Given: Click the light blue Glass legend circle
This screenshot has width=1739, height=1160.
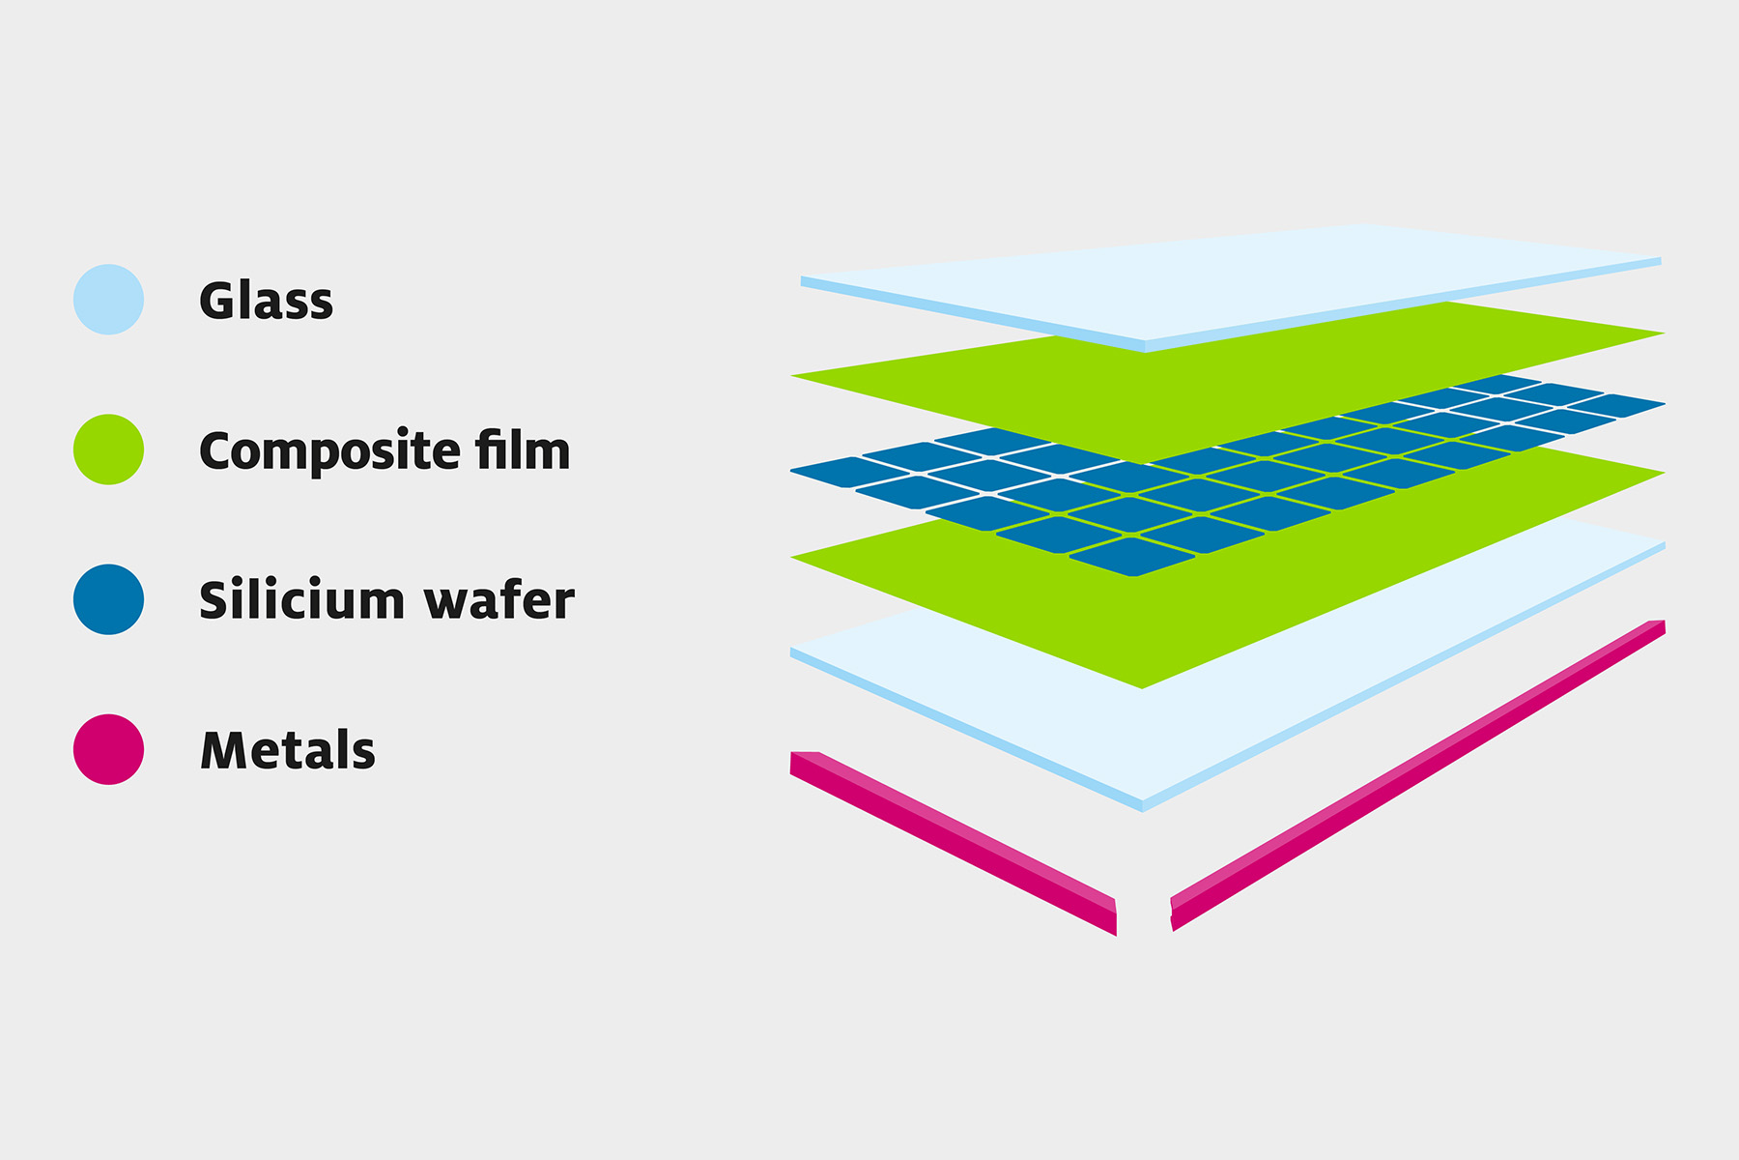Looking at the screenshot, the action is point(108,300).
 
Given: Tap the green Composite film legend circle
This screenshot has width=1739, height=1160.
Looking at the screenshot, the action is point(108,449).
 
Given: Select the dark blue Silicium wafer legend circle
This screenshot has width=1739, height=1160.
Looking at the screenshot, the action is point(108,599).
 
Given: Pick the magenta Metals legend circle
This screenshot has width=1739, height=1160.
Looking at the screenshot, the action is point(108,749).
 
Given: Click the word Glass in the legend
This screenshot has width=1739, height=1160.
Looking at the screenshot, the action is point(267,300).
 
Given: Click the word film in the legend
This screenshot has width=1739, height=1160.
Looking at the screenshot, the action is point(523,449).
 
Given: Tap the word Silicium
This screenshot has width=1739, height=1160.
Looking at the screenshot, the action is point(302,599).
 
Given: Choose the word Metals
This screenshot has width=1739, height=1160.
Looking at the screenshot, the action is point(288,750).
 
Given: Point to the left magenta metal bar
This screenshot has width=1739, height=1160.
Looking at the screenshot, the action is point(954,843).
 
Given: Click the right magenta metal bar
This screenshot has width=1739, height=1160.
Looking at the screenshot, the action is point(1418,775).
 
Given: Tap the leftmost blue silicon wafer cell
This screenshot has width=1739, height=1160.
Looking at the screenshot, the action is point(849,472).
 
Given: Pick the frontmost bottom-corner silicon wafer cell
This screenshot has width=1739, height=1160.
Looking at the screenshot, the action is point(1132,557).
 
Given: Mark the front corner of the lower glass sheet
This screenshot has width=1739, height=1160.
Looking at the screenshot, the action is point(1143,810).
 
